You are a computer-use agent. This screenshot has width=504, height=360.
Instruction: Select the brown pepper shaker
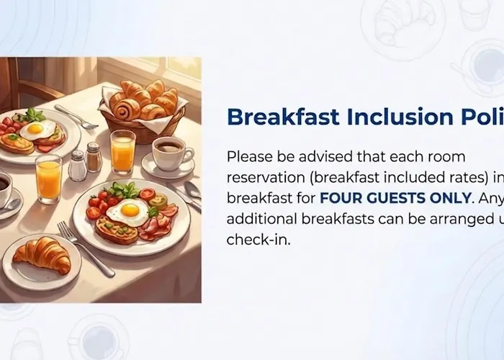click(x=94, y=156)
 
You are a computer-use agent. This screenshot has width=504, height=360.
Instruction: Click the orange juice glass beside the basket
click(x=122, y=150)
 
